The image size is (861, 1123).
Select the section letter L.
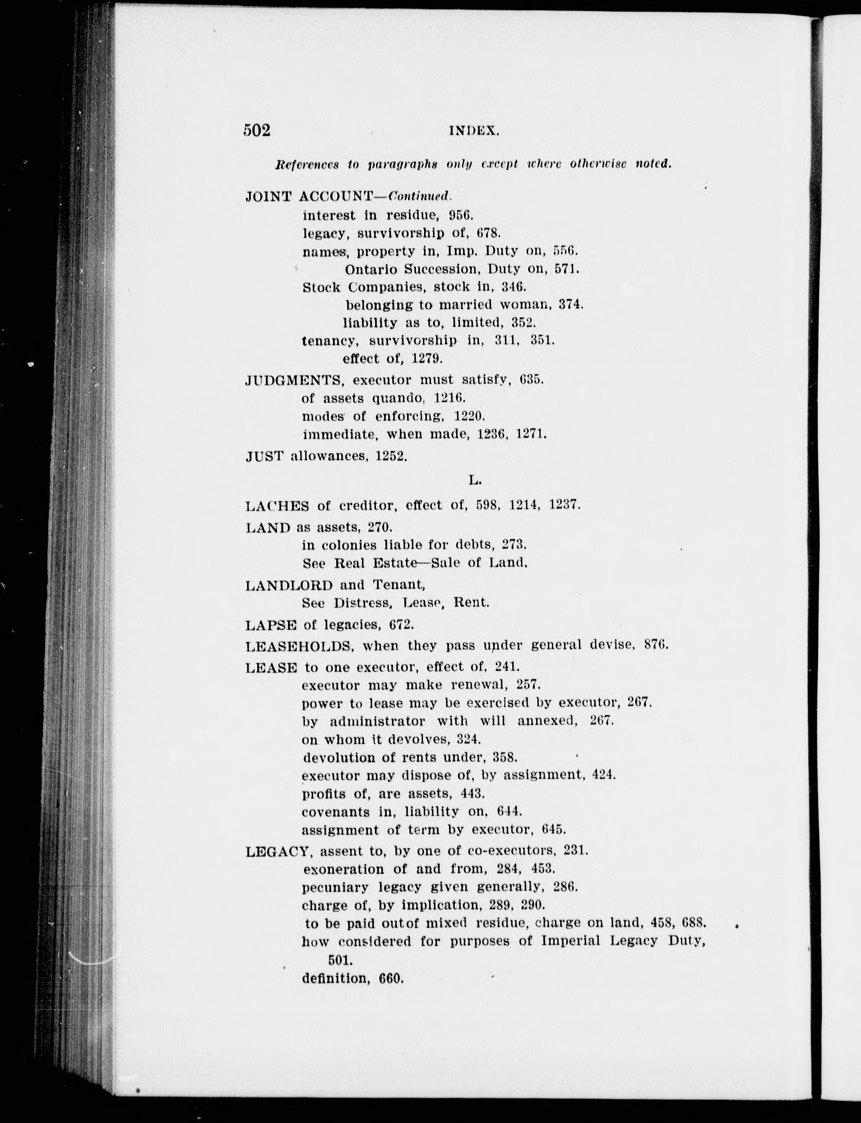coord(474,480)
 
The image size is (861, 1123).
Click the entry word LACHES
coord(277,506)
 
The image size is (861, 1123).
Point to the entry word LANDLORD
coord(289,585)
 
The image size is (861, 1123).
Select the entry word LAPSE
coord(271,625)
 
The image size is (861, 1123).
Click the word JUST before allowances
coord(264,456)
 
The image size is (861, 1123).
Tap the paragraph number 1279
coord(427,358)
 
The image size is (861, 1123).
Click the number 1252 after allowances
coord(391,456)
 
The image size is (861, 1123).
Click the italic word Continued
coord(420,196)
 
